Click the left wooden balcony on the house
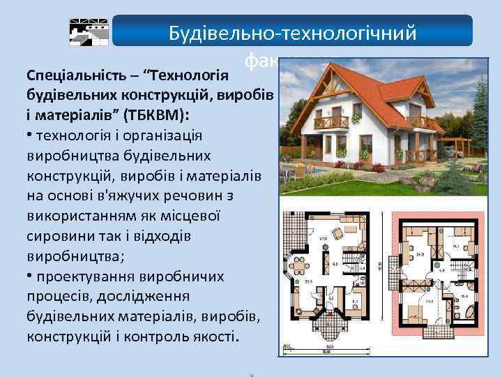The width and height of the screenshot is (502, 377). (331, 123)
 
